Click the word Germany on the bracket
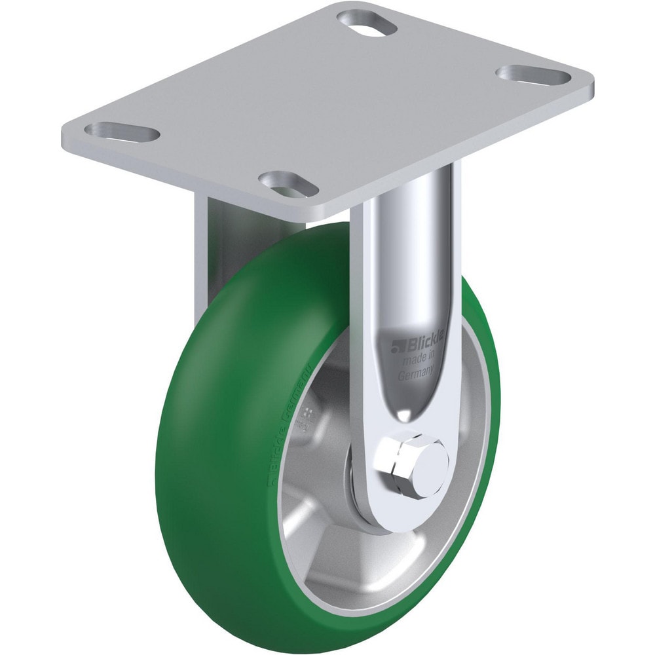[x=415, y=375]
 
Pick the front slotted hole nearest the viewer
[x=288, y=183]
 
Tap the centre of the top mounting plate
[x=327, y=105]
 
